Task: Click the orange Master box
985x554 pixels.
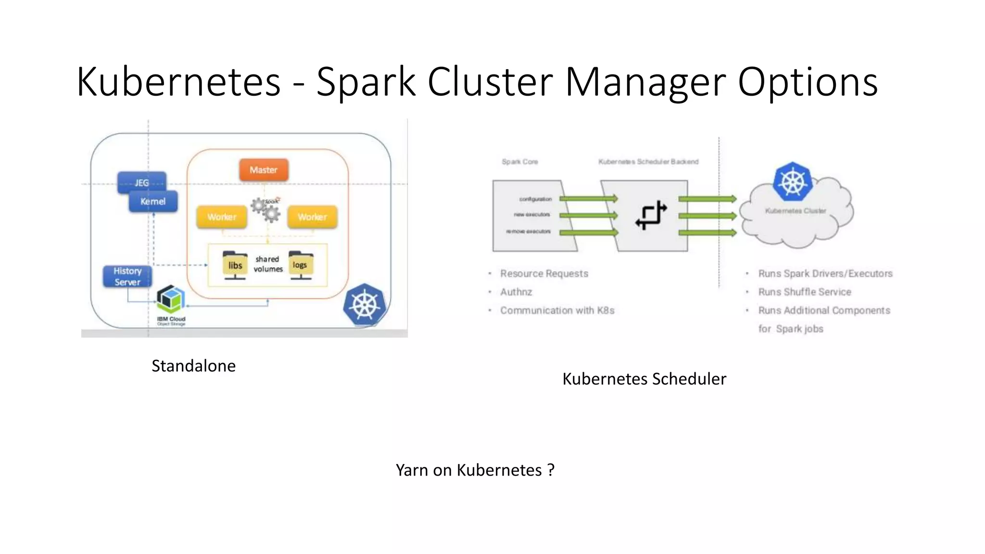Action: click(264, 170)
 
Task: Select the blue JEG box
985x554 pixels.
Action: click(141, 182)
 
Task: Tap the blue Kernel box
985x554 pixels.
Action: click(153, 201)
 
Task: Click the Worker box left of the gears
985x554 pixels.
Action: click(222, 217)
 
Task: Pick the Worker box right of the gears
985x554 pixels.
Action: click(312, 217)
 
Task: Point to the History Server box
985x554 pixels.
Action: click(127, 277)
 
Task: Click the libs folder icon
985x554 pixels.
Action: click(235, 264)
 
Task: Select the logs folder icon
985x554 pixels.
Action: click(301, 264)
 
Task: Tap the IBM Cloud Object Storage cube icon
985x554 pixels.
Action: click(171, 299)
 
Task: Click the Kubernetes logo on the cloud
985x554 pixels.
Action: click(792, 182)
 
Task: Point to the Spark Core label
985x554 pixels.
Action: click(519, 162)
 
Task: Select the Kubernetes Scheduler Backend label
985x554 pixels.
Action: click(648, 162)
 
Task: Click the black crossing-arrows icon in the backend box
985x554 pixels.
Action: click(651, 215)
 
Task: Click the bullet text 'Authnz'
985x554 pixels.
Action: click(516, 292)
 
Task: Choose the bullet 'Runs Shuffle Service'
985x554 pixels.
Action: click(804, 292)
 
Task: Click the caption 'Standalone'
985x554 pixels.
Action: click(193, 366)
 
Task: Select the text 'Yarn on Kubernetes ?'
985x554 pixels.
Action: click(475, 470)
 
